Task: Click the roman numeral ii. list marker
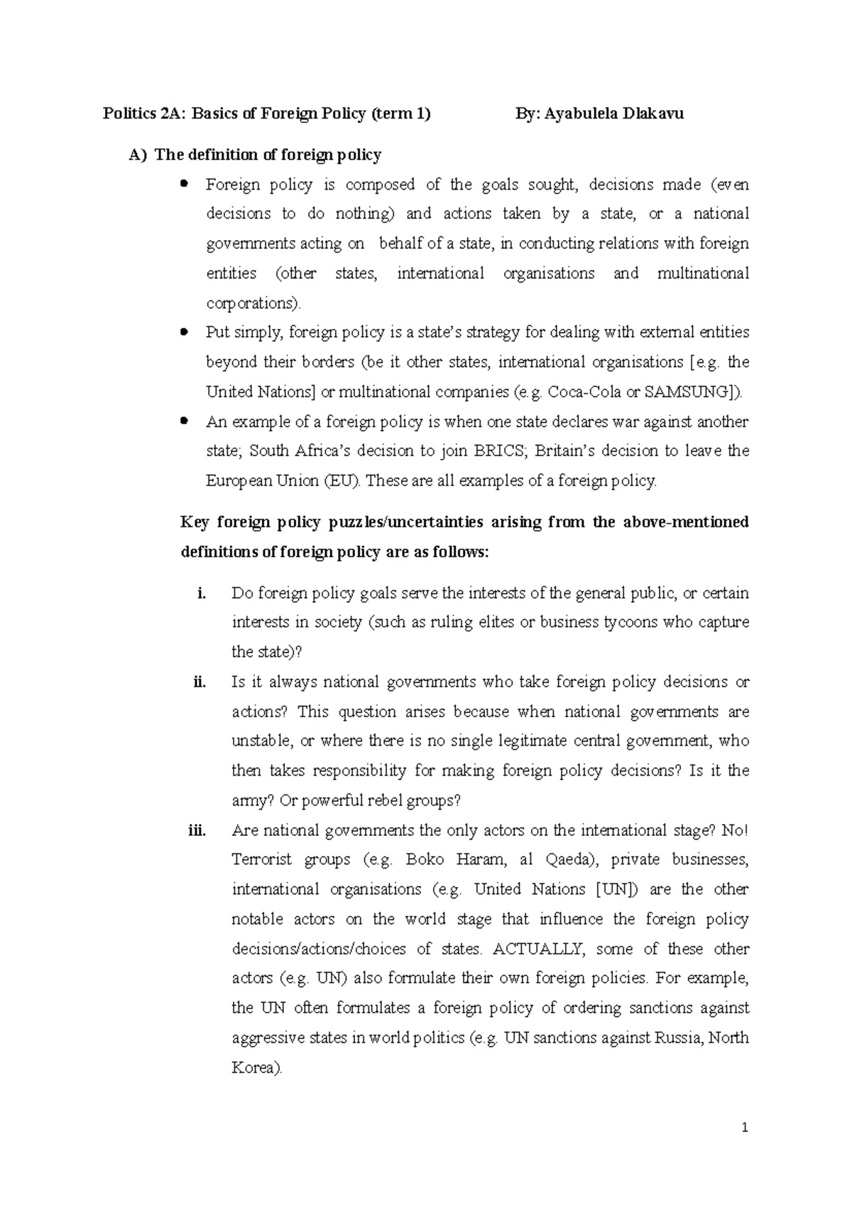(x=200, y=683)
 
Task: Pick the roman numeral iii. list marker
(x=197, y=831)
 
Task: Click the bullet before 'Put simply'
(x=185, y=332)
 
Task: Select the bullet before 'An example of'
(x=185, y=421)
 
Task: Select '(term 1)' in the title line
(x=400, y=114)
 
